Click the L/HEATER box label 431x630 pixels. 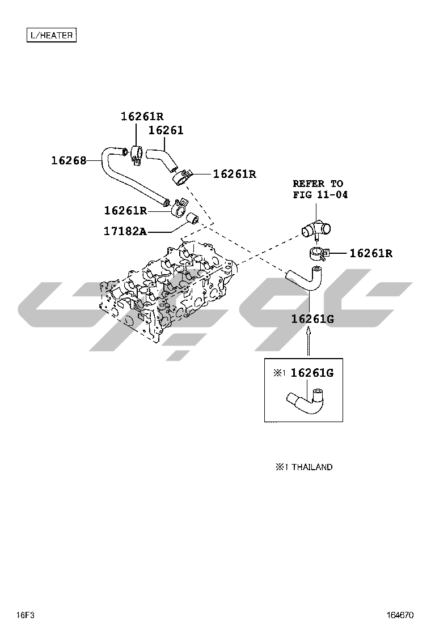click(52, 35)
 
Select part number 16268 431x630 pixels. click(69, 160)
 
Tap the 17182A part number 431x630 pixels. click(125, 231)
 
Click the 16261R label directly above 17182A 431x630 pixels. click(125, 211)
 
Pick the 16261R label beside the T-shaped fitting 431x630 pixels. click(371, 253)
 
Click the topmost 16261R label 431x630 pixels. click(142, 117)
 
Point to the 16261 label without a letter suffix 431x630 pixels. click(166, 131)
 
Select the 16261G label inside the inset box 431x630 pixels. click(312, 373)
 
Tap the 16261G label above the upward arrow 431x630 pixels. click(312, 319)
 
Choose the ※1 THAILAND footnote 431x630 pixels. click(304, 467)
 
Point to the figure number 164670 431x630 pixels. click(400, 615)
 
